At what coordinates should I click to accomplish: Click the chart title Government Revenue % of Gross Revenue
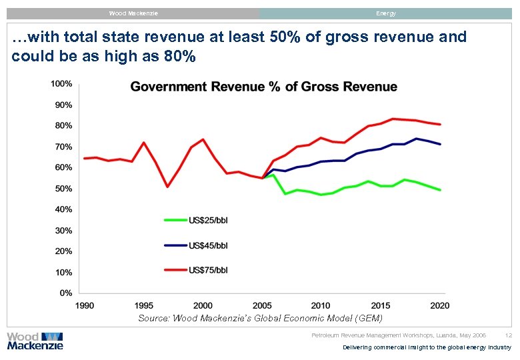(x=263, y=87)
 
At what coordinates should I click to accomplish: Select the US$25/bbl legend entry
(x=208, y=220)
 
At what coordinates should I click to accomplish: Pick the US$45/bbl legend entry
(x=208, y=245)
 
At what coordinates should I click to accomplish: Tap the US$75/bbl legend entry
(x=208, y=270)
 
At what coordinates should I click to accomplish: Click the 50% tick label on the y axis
(x=64, y=189)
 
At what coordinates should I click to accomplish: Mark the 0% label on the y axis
(x=66, y=293)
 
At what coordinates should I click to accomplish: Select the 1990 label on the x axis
(x=85, y=306)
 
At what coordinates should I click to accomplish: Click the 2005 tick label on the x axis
(x=262, y=306)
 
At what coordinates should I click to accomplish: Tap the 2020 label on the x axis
(x=439, y=306)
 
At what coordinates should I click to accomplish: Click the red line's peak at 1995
(x=143, y=143)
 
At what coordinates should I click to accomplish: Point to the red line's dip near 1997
(x=167, y=187)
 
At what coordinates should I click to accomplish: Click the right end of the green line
(x=440, y=190)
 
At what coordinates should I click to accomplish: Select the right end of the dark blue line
(x=440, y=144)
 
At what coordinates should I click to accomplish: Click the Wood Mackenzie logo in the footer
(x=35, y=341)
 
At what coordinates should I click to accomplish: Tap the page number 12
(x=509, y=335)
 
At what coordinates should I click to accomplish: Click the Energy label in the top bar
(x=385, y=13)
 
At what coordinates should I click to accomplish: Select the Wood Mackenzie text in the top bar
(x=133, y=13)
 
